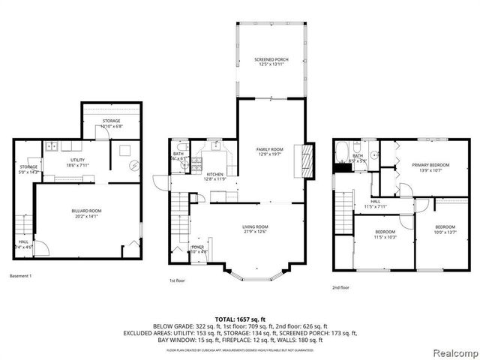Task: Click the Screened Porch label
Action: [x=271, y=59]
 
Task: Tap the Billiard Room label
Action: [x=87, y=211]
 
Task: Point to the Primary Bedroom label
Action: [x=430, y=165]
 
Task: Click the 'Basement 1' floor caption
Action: [x=20, y=277]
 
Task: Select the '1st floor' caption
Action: [x=177, y=280]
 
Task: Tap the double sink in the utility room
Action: [x=52, y=145]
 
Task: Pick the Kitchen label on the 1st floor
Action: [x=214, y=174]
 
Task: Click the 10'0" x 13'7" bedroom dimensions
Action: [x=445, y=232]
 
